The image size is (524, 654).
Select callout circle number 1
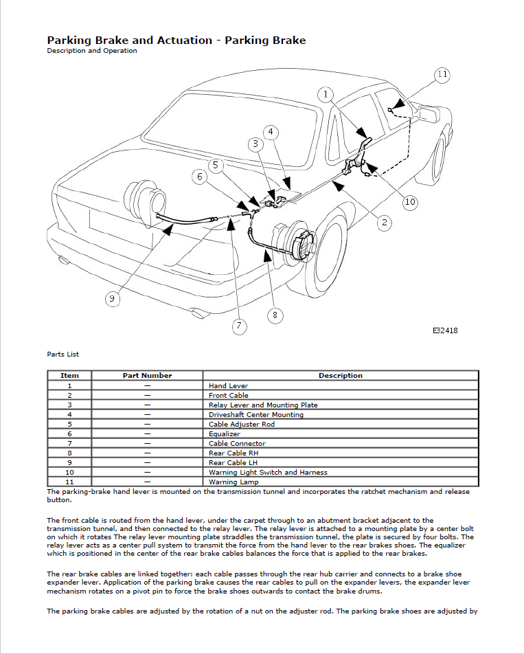pyautogui.click(x=326, y=94)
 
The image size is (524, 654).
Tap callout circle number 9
pyautogui.click(x=112, y=299)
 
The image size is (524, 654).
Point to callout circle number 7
pyautogui.click(x=239, y=326)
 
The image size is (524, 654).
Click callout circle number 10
pyautogui.click(x=410, y=201)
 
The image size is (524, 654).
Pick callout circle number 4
pyautogui.click(x=271, y=132)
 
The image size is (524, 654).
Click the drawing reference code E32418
pyautogui.click(x=445, y=330)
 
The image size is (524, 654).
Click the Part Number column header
pyautogui.click(x=147, y=376)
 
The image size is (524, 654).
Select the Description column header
pyautogui.click(x=340, y=376)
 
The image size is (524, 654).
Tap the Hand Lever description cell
pyautogui.click(x=229, y=386)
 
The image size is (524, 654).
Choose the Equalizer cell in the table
pyautogui.click(x=225, y=434)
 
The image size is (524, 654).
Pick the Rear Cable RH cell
pyautogui.click(x=229, y=453)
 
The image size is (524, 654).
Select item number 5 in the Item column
pyautogui.click(x=70, y=425)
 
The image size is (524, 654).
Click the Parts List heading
pyautogui.click(x=63, y=354)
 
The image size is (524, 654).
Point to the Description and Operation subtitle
pyautogui.click(x=91, y=51)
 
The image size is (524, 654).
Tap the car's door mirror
pyautogui.click(x=430, y=112)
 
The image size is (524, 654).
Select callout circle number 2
pyautogui.click(x=384, y=222)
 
